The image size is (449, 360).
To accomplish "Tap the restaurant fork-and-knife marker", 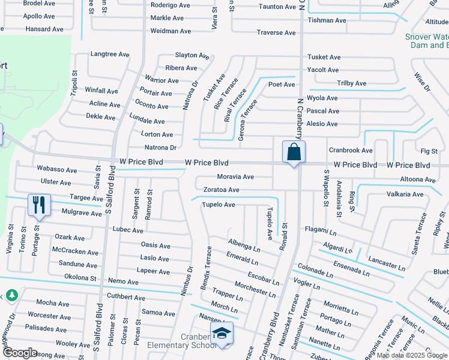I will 39,205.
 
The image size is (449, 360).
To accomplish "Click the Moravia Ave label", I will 236,177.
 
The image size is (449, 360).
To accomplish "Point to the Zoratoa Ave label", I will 221,190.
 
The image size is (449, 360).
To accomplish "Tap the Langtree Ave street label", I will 110,54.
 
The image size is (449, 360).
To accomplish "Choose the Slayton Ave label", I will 191,55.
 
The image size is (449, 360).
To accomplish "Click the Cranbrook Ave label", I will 351,150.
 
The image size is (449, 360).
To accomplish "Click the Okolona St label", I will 80,278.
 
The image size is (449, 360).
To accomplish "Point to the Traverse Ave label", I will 276,32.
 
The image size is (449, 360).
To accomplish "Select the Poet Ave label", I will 282,85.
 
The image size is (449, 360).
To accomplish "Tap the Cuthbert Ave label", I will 126,298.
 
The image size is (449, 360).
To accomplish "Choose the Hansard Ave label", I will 44,29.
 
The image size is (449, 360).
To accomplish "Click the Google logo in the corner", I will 19,353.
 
